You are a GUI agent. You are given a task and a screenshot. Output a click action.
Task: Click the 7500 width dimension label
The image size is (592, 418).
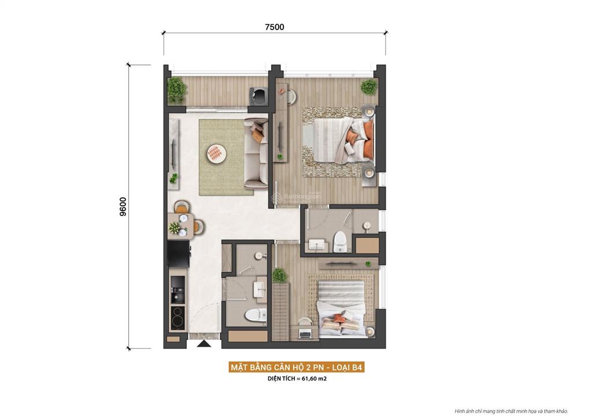[275, 27]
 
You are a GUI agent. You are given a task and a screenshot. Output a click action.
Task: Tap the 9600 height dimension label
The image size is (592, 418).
[123, 206]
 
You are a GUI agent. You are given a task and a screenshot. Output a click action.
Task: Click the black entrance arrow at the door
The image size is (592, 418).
[203, 345]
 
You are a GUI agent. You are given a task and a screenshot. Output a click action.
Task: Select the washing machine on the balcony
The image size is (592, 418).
[258, 95]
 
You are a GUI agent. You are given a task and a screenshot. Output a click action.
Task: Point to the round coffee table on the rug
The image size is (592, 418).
[214, 153]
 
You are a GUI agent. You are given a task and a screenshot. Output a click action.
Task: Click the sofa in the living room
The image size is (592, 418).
[255, 153]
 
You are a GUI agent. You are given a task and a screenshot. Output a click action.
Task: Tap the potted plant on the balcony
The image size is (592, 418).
[176, 89]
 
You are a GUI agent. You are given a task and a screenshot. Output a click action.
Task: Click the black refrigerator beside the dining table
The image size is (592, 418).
[179, 253]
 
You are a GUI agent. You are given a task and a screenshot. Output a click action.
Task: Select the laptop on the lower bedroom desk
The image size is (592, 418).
[305, 332]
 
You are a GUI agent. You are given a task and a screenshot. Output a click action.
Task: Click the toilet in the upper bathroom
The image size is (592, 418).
[341, 241]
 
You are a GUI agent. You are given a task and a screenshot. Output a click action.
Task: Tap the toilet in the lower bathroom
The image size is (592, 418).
[255, 315]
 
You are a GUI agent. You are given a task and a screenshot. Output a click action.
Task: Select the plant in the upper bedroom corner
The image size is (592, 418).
[368, 87]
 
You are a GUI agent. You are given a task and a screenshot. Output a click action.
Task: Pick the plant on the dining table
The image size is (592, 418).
[175, 228]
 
